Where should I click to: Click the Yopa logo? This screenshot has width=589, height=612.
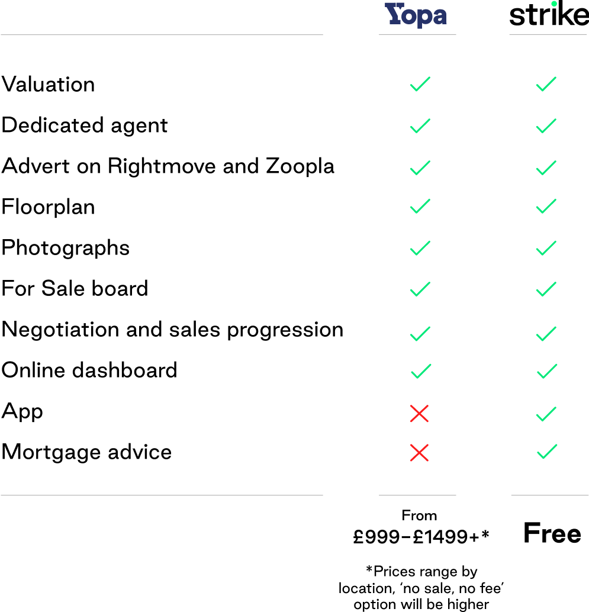(416, 15)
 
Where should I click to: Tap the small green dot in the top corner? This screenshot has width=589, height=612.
(553, 4)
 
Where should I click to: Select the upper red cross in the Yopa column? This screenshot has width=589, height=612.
(419, 414)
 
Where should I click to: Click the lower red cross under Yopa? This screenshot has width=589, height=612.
(419, 453)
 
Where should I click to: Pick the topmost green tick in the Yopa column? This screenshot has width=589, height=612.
(420, 84)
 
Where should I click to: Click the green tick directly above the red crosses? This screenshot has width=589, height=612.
(420, 371)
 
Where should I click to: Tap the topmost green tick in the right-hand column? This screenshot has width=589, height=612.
(546, 84)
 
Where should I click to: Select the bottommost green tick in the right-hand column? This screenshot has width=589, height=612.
(546, 452)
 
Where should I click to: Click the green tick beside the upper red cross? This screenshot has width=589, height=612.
(546, 414)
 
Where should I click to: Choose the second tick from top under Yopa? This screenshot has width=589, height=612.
(420, 126)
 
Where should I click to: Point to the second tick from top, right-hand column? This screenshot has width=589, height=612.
(546, 126)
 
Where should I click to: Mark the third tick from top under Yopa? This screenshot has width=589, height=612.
(420, 168)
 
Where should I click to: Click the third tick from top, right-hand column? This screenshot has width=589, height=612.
(546, 168)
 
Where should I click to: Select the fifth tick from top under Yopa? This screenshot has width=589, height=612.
(420, 248)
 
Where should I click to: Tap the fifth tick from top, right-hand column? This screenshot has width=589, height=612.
(546, 248)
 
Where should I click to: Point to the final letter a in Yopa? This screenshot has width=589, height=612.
(439, 17)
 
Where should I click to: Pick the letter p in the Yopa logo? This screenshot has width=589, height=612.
(423, 18)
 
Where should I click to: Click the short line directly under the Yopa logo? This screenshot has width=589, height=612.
(417, 34)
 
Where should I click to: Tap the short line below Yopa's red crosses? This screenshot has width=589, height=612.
(417, 495)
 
